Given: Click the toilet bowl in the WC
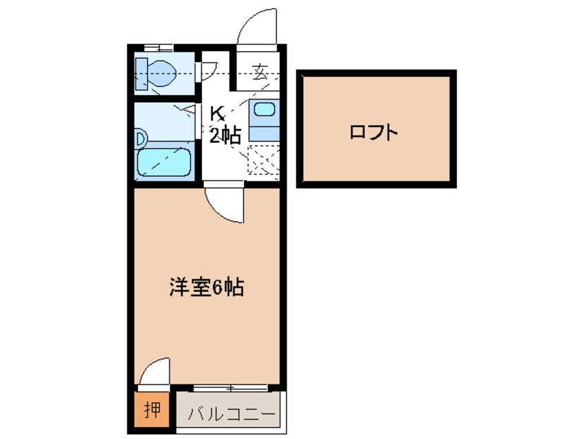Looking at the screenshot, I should [x=163, y=70].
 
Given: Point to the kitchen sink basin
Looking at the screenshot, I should [x=263, y=109].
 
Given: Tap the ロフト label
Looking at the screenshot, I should [x=374, y=132].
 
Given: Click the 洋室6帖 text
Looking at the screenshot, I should [x=205, y=286].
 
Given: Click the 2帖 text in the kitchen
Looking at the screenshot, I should [x=225, y=136].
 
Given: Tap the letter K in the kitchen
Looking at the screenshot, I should [x=216, y=113].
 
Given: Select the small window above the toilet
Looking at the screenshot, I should [x=160, y=48].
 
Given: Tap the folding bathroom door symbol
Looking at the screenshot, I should [x=188, y=109].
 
